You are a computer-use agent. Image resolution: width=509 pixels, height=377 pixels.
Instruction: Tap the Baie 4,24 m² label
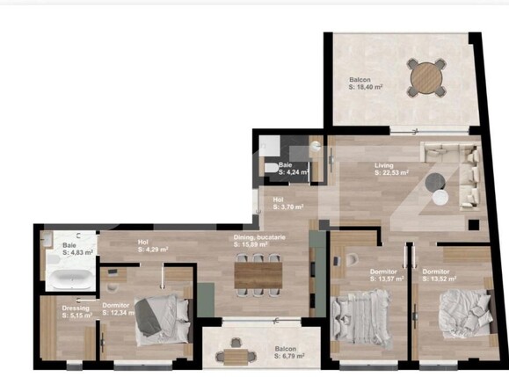point(293,169)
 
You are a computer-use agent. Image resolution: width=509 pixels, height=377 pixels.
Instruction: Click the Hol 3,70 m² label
point(287,204)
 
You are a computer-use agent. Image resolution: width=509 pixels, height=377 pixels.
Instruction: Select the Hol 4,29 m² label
point(152,246)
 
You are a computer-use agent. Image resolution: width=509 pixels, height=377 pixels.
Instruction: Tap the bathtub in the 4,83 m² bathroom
point(69,279)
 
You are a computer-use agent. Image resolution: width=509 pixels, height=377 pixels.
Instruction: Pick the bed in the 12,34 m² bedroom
point(159,317)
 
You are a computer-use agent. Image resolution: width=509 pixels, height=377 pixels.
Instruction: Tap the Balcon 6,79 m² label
point(287,353)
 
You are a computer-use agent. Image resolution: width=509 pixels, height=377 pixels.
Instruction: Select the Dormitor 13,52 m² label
point(441,276)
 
